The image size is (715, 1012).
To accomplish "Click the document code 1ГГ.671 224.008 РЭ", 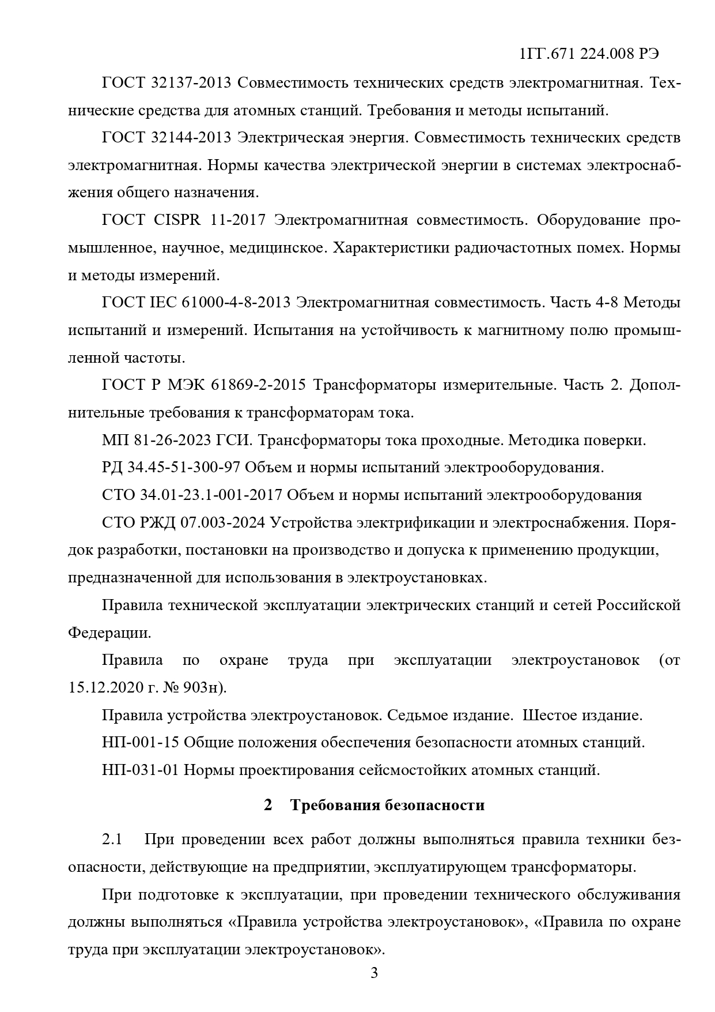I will coord(589,54).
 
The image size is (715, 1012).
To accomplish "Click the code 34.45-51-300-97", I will coord(183,468).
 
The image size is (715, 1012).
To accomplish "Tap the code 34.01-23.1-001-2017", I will coord(210,495).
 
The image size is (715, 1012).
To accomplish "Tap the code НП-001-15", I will coord(141,743).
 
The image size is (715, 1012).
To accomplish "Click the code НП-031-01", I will coord(141,770).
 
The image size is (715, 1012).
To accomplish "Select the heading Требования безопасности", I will coord(387,805).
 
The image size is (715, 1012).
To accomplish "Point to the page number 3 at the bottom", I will coord(374,973).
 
